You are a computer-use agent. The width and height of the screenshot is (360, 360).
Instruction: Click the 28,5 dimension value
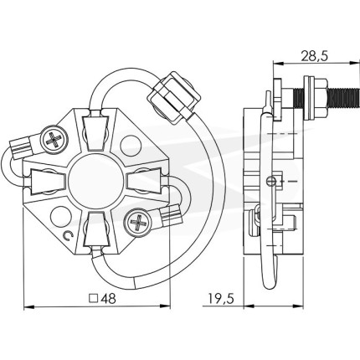(x=314, y=56)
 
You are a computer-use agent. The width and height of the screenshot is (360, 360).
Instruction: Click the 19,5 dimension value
(x=220, y=299)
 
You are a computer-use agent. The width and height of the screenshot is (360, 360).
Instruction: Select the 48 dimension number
(x=108, y=299)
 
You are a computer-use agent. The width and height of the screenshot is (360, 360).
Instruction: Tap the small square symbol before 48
(x=94, y=299)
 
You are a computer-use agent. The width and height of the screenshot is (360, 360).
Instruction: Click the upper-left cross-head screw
(x=54, y=140)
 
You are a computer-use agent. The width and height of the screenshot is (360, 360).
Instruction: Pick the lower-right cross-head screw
(x=138, y=223)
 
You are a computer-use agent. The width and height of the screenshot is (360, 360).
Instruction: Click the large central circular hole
(x=95, y=181)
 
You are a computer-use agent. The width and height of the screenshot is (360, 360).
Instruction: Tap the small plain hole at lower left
(x=61, y=216)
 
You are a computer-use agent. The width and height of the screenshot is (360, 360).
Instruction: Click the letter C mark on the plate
(x=68, y=236)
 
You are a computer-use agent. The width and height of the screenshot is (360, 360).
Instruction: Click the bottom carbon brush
(x=96, y=229)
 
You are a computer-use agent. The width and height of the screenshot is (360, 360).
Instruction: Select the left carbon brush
(x=48, y=182)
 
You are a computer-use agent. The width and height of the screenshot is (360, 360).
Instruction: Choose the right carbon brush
(x=144, y=181)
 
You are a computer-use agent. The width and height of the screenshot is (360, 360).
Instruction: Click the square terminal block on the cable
(x=173, y=97)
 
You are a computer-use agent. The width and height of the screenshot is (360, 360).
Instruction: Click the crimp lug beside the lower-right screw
(x=170, y=216)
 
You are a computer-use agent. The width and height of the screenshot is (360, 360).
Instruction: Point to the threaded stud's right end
(x=357, y=98)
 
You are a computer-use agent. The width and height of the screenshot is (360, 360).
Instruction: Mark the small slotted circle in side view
(x=270, y=182)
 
